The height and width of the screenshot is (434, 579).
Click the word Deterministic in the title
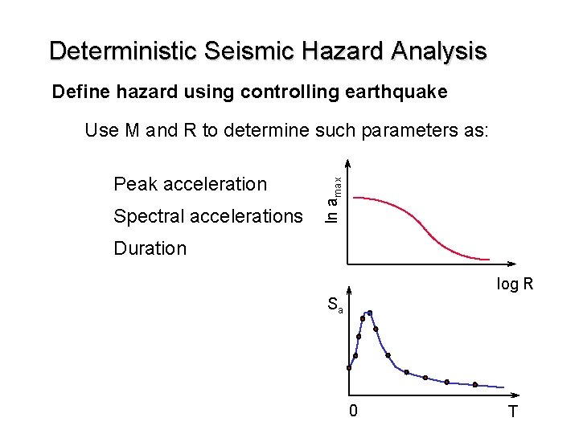pos(124,51)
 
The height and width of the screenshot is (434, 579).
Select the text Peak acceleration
pos(190,184)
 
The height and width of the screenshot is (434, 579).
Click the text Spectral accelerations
pos(208,216)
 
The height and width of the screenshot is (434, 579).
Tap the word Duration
pos(150,248)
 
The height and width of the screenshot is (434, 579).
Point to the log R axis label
pos(515,285)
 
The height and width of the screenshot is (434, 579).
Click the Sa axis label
pos(335,305)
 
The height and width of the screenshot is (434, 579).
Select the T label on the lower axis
pos(512,413)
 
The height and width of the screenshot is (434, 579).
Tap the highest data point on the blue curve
pos(370,313)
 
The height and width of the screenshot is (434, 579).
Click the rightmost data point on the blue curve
pos(475,385)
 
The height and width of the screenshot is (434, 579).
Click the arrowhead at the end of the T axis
pos(519,395)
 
